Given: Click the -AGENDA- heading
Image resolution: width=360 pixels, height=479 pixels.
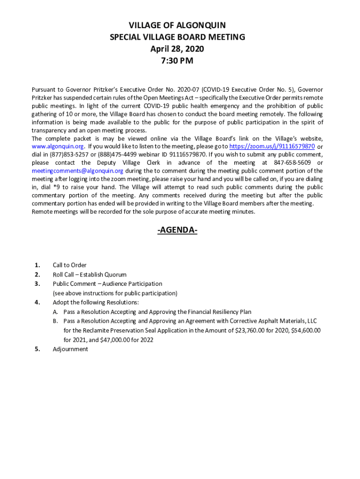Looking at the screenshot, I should pyautogui.click(x=177, y=230).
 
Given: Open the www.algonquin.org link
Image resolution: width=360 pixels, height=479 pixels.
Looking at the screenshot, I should pyautogui.click(x=57, y=146).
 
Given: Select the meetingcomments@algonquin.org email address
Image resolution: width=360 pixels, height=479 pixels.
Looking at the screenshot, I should pyautogui.click(x=77, y=171).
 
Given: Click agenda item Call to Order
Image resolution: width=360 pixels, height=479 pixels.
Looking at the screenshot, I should pyautogui.click(x=70, y=265).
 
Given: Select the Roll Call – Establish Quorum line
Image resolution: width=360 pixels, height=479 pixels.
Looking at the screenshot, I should pyautogui.click(x=89, y=275).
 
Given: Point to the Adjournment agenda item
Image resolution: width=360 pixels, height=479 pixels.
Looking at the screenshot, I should pyautogui.click(x=70, y=349).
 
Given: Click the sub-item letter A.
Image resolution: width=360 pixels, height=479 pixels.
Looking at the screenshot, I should pyautogui.click(x=55, y=312).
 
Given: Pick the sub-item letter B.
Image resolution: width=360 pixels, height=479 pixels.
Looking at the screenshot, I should pyautogui.click(x=55, y=321).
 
